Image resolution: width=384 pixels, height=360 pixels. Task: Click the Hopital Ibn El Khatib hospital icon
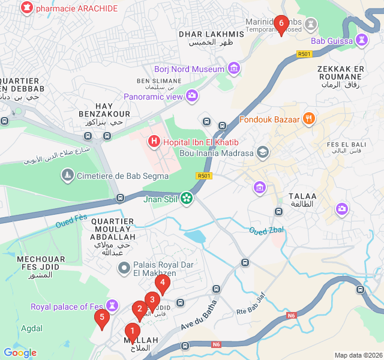pos(154,142)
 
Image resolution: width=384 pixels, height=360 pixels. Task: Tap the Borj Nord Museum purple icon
pos(234,69)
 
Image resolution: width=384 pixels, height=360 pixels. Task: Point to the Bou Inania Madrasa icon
pos(262,152)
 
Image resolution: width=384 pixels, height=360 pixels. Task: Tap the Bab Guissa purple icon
pos(361,40)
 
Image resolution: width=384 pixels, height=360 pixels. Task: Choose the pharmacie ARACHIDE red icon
pos(26,8)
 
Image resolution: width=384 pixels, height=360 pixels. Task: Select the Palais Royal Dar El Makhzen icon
pos(124,267)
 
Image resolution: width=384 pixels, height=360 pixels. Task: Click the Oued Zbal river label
pos(266,230)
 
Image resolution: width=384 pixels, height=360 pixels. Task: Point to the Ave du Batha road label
pos(199,318)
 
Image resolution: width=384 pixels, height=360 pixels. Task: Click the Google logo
pos(20,353)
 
